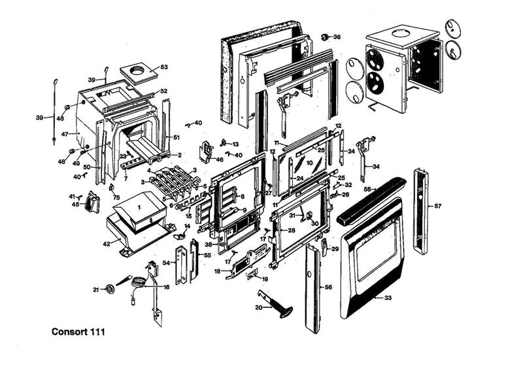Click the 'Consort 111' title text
[x=78, y=331]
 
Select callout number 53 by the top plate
[x=164, y=67]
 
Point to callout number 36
[x=337, y=37]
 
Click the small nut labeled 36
[x=325, y=37]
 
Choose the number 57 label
[x=437, y=206]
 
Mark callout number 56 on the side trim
[x=328, y=286]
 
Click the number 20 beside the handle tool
[x=258, y=307]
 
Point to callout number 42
[x=106, y=244]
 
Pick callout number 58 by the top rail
[x=367, y=190]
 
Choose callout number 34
[x=376, y=167]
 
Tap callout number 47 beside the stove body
[x=65, y=133]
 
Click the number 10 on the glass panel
[x=310, y=162]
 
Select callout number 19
[x=256, y=279]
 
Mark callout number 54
[x=165, y=262]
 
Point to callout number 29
[x=335, y=249]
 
